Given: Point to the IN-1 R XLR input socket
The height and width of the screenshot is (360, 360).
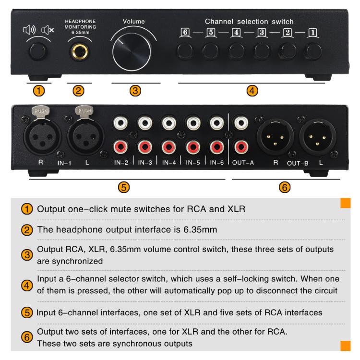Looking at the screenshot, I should tap(40, 135).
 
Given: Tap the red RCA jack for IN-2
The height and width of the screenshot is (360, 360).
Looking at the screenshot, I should tap(120, 145).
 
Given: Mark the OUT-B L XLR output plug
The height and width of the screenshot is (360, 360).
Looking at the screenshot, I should tap(317, 136).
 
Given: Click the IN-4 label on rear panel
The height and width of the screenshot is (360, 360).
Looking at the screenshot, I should tap(169, 163).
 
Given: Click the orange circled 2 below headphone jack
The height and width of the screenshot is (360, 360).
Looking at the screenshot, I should tap(78, 90).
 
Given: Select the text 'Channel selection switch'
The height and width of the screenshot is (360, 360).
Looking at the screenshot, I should tap(249, 22).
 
